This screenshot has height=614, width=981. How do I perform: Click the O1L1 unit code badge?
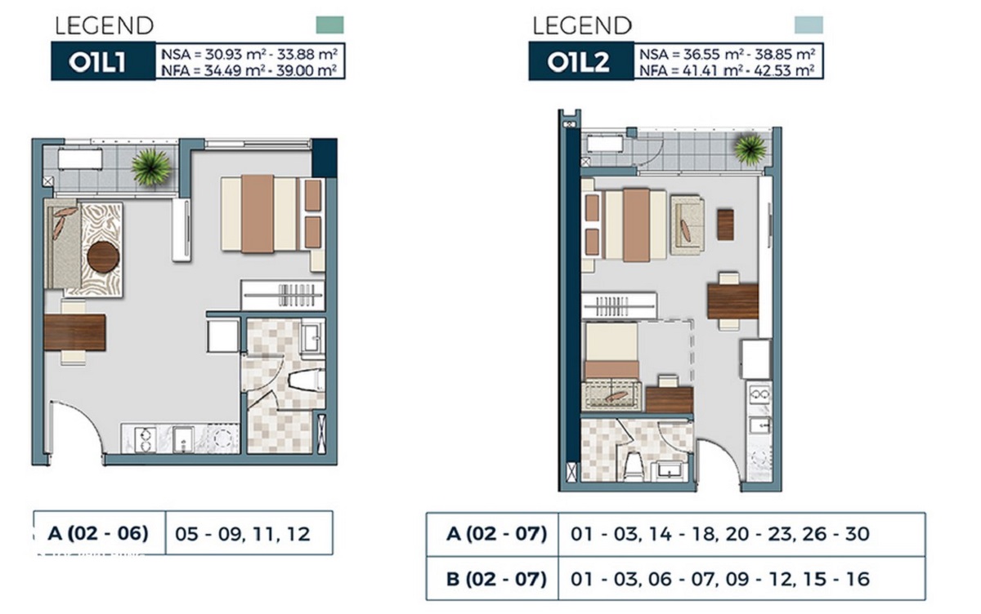(98, 62)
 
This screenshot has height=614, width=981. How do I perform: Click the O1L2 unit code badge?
(580, 62)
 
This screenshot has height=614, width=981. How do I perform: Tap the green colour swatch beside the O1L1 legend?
(329, 25)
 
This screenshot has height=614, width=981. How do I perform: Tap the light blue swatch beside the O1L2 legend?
(809, 25)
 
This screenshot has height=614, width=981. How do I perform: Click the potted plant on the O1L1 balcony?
(151, 167)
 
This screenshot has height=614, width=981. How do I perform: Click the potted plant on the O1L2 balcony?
(749, 149)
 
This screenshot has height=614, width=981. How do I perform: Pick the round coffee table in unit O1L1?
(104, 257)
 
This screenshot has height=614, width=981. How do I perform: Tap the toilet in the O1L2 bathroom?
(633, 466)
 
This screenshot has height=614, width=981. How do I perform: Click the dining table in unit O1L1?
(74, 333)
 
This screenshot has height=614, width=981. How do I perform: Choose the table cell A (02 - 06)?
(98, 533)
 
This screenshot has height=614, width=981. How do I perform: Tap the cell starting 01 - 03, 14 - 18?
(719, 534)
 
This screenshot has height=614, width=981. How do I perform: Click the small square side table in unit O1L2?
(725, 225)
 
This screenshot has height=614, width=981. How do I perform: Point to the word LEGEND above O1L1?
(104, 25)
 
